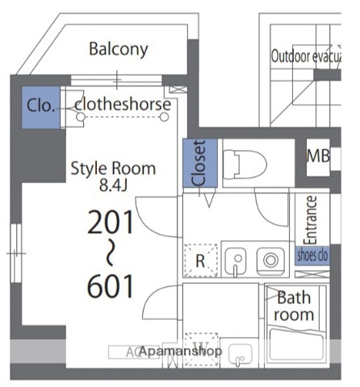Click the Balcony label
tap(119, 49)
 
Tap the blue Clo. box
tap(40, 106)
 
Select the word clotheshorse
tap(123, 105)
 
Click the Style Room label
tap(113, 169)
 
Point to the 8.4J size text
tap(115, 186)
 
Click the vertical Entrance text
tap(311, 219)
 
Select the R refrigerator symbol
tap(200, 260)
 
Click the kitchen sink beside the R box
tap(237, 260)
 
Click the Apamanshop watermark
tap(181, 352)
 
